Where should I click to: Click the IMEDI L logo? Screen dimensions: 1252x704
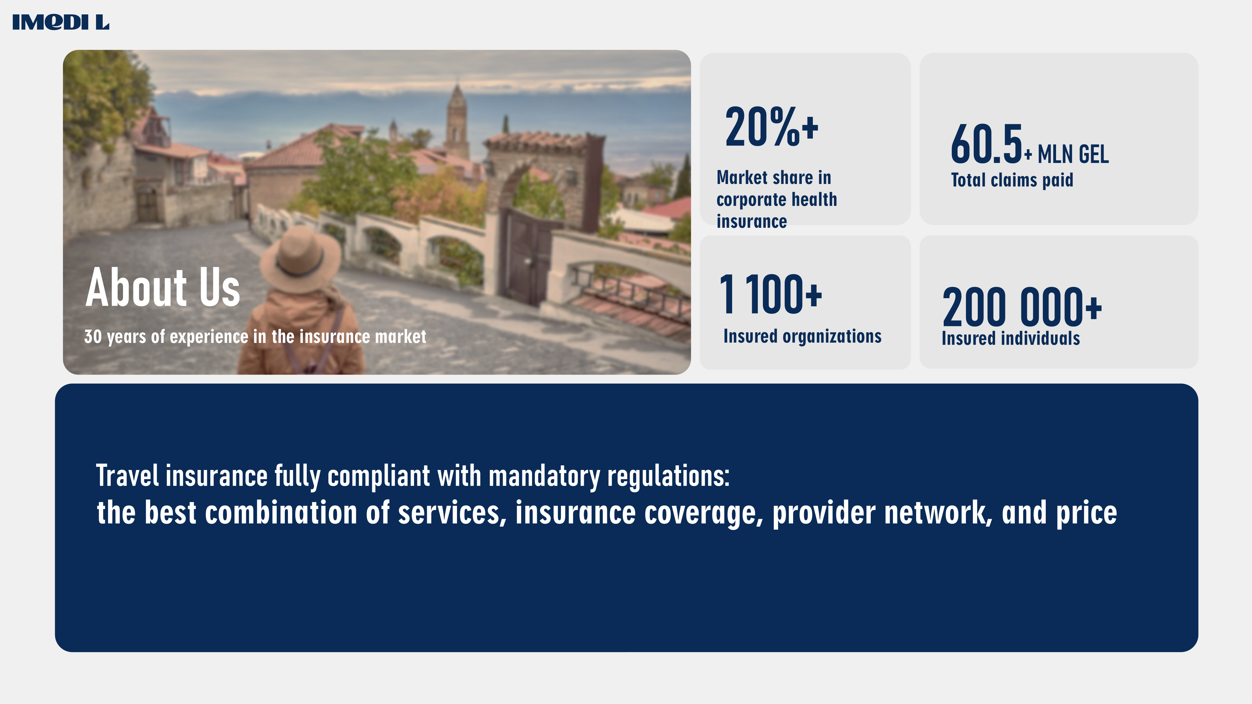(x=61, y=22)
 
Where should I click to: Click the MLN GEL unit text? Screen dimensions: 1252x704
(x=1073, y=155)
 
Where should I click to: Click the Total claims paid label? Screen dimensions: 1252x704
(x=1012, y=180)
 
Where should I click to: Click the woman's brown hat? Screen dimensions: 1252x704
(x=300, y=259)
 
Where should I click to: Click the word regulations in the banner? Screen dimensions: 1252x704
(x=668, y=476)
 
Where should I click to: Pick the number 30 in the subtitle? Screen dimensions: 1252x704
(x=93, y=336)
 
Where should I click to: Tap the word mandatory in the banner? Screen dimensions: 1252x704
(x=544, y=476)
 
